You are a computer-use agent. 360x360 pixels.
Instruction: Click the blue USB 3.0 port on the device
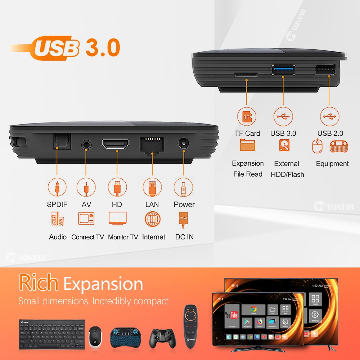tap(283, 69)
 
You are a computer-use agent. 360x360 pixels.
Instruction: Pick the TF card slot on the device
tap(246, 75)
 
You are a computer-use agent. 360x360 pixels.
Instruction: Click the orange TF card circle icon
tap(247, 117)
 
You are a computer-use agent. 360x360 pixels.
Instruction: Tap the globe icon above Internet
tap(153, 219)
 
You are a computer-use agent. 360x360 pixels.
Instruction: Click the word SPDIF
tap(57, 204)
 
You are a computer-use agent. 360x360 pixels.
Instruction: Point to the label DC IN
tap(184, 237)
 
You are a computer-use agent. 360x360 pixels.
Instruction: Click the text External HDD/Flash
tap(287, 169)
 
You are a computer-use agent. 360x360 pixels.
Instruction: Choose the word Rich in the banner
tap(39, 283)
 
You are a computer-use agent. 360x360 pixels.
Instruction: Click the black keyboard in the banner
tap(52, 334)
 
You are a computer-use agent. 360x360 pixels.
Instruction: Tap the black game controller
tap(160, 337)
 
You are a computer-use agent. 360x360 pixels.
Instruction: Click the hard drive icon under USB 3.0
tap(283, 145)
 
